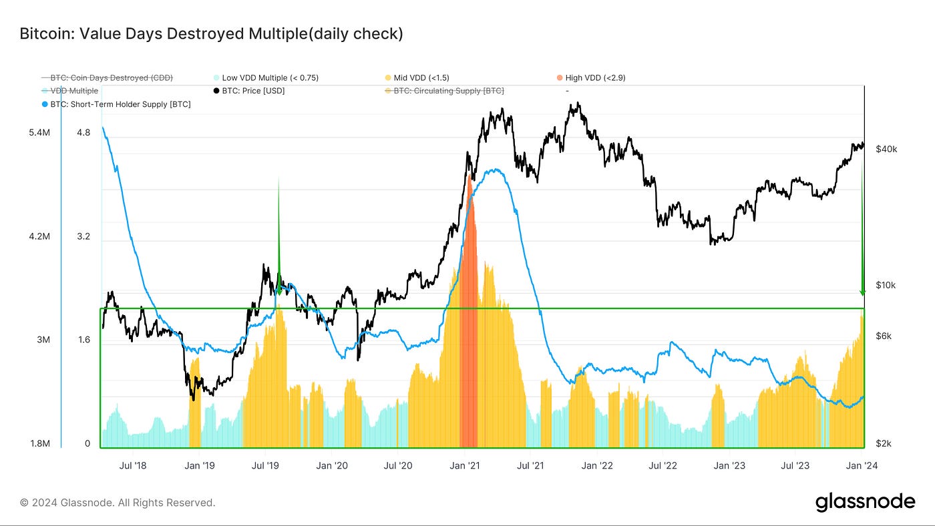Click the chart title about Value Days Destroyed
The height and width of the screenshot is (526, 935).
[x=211, y=33]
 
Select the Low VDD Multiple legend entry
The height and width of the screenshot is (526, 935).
[x=270, y=78]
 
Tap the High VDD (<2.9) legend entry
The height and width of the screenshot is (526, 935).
[x=595, y=78]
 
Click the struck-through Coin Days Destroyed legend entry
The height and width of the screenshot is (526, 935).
[x=111, y=78]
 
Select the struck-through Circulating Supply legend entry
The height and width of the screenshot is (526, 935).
[x=448, y=91]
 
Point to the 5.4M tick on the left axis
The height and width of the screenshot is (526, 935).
[x=39, y=134]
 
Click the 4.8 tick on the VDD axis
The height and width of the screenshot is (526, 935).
[x=83, y=133]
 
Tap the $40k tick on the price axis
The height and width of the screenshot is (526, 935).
[x=886, y=150]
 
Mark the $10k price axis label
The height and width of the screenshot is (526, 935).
[x=886, y=286]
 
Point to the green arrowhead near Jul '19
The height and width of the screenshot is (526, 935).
[x=278, y=291]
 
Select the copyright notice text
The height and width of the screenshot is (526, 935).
[x=118, y=503]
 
